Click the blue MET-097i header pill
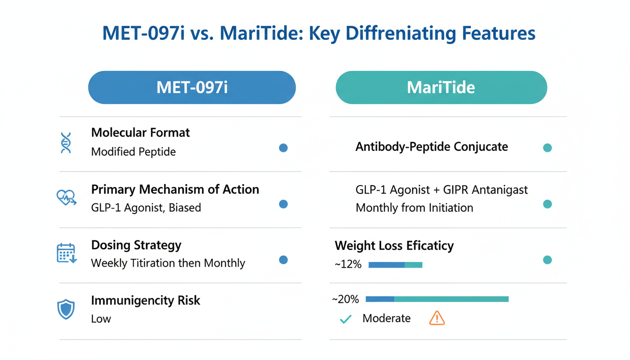coord(192,88)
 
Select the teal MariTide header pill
coord(441,88)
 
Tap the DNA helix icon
coord(66,143)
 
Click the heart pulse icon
coord(66,198)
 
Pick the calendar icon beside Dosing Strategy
coord(66,253)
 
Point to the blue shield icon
coord(66,309)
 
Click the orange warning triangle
coord(436,318)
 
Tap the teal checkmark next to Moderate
coord(345,320)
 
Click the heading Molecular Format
coord(140,133)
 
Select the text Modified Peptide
coord(133,152)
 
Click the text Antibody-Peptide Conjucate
coord(431,147)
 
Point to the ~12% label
coord(348,265)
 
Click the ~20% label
coord(345,299)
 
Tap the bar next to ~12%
coord(395,265)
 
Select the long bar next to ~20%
coord(436,299)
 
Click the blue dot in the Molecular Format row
coord(283,148)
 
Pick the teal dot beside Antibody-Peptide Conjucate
coord(547,148)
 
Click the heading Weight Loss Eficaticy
coord(394,246)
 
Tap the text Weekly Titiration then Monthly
coord(168,263)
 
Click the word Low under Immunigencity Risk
coord(101,319)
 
